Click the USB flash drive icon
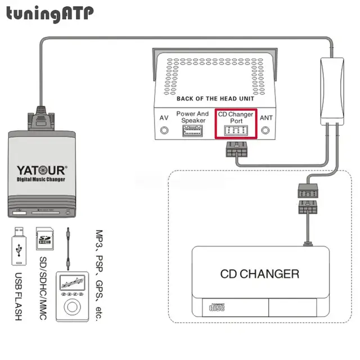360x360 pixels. click(x=19, y=247)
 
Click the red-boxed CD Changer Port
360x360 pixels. click(x=236, y=124)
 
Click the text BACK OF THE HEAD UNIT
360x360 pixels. click(x=215, y=99)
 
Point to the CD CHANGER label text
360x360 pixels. click(x=260, y=274)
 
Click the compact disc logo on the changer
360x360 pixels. click(x=217, y=308)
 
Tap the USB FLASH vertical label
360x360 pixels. click(x=18, y=296)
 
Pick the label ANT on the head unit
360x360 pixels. click(x=266, y=118)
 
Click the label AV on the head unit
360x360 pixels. click(x=164, y=118)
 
